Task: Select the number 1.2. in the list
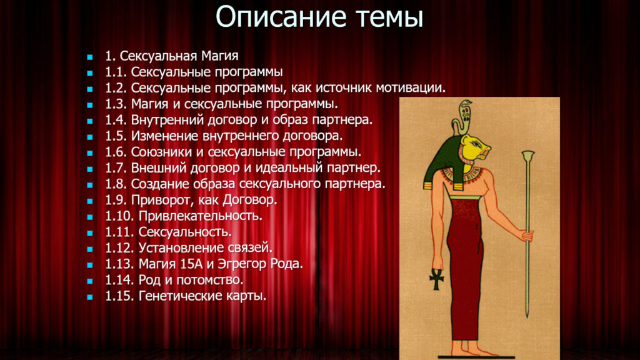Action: tap(116, 87)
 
